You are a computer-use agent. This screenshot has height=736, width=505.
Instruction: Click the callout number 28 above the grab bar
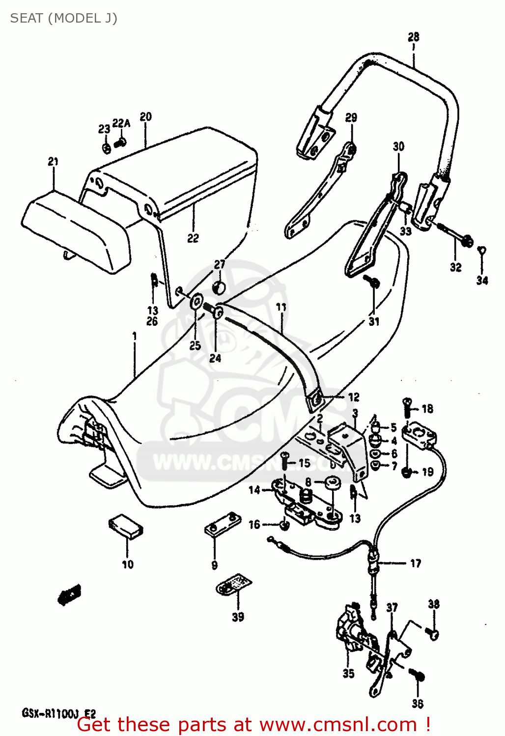tap(413, 37)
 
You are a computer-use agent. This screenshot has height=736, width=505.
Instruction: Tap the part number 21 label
tap(53, 161)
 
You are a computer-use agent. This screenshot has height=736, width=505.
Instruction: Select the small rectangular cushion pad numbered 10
tap(126, 526)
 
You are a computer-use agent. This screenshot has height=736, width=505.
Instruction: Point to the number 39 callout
tap(238, 617)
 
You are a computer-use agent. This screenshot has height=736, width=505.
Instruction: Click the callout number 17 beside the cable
tap(416, 563)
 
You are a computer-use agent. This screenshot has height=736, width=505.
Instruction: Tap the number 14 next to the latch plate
tap(254, 490)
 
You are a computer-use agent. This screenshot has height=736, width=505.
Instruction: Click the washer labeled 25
tap(197, 301)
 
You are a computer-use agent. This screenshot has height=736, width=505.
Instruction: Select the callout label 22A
tap(121, 123)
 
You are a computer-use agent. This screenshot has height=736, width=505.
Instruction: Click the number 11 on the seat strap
tap(281, 307)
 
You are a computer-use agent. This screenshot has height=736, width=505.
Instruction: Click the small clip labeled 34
tap(482, 252)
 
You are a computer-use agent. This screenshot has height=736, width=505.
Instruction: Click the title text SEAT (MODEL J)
tap(63, 18)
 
